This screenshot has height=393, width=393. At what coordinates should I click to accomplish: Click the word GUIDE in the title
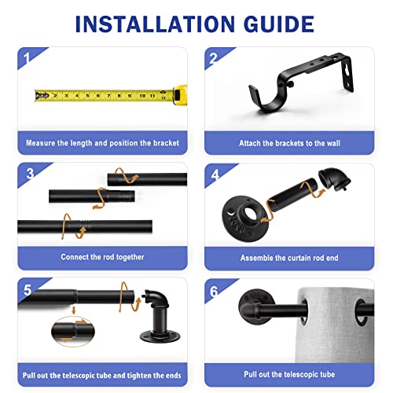(x=279, y=24)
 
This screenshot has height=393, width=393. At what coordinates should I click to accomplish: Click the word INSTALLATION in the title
(x=155, y=24)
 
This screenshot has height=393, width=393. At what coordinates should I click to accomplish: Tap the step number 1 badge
(x=27, y=58)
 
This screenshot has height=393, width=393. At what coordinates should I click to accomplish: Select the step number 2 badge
(x=213, y=58)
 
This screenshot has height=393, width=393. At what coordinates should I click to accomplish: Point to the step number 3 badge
(x=30, y=174)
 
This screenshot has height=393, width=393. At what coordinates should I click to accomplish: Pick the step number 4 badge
(x=215, y=174)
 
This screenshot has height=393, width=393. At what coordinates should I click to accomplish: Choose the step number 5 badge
(x=28, y=290)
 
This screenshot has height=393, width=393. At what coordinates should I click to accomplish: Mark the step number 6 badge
(x=214, y=291)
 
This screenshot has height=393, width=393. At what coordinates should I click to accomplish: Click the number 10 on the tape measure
(x=142, y=96)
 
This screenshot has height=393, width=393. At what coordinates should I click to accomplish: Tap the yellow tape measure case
(x=180, y=95)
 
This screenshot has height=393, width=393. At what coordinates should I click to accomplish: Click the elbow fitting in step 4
(x=334, y=178)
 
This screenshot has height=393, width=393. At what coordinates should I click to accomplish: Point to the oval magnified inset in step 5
(x=73, y=332)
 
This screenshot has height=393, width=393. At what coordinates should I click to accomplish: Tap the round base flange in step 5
(x=160, y=336)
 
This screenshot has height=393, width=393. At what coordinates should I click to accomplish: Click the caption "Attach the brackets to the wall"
(x=289, y=143)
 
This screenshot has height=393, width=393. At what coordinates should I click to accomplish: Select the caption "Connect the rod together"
(x=102, y=257)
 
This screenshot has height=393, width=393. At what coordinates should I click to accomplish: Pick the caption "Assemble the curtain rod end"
(x=289, y=258)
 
